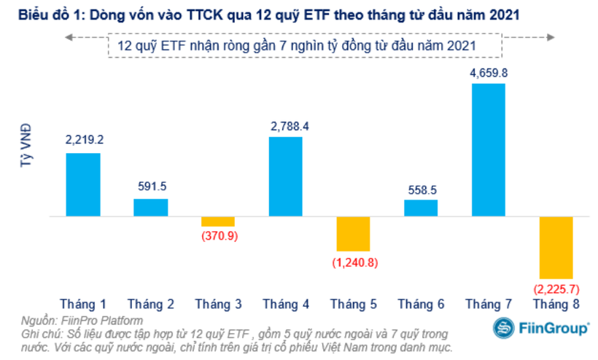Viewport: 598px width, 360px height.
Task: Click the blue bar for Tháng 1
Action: (x=83, y=185)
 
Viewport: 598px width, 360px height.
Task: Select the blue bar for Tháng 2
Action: (x=150, y=208)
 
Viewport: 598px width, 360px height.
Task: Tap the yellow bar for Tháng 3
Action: (x=217, y=222)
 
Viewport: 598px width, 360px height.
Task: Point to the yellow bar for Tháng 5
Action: (x=353, y=234)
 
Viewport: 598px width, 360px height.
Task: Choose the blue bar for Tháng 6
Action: (x=421, y=208)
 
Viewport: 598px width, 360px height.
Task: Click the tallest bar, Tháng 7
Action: (x=488, y=150)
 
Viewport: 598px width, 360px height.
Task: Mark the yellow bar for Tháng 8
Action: (x=556, y=246)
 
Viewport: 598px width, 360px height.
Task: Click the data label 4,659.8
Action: (x=489, y=72)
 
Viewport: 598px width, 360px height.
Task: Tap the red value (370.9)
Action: (x=218, y=237)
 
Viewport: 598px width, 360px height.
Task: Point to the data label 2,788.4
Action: (x=286, y=126)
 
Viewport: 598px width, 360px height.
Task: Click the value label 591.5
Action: (x=150, y=188)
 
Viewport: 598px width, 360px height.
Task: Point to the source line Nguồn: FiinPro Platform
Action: (x=82, y=320)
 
